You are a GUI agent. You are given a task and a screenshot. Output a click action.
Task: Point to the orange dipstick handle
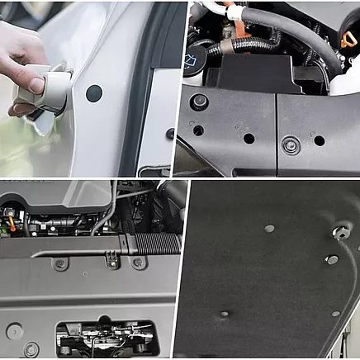click(x=347, y=40)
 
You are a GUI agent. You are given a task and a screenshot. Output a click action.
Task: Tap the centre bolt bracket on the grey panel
click(x=112, y=261)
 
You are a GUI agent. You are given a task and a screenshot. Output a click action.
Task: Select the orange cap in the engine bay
click(x=12, y=221)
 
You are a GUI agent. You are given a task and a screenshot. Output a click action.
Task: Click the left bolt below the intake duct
click(x=59, y=263)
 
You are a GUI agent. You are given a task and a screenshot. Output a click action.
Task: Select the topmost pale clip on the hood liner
click(x=269, y=228)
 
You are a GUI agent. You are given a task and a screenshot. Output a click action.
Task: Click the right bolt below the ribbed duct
click(x=139, y=263)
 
